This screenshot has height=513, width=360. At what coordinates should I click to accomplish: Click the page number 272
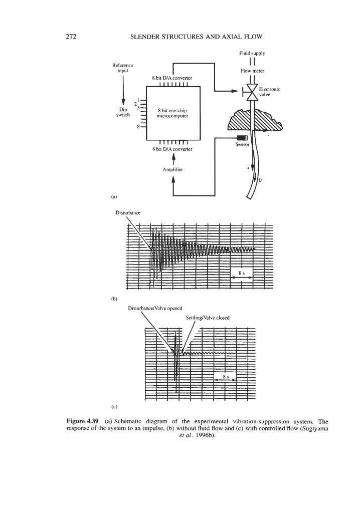(71, 36)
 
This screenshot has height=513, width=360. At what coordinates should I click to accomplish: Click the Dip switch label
(123, 111)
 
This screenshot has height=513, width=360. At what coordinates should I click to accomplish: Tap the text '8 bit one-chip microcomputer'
(172, 112)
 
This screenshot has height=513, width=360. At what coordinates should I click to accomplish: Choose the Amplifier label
(173, 170)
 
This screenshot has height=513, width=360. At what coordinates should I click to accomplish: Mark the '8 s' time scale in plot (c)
(225, 376)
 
